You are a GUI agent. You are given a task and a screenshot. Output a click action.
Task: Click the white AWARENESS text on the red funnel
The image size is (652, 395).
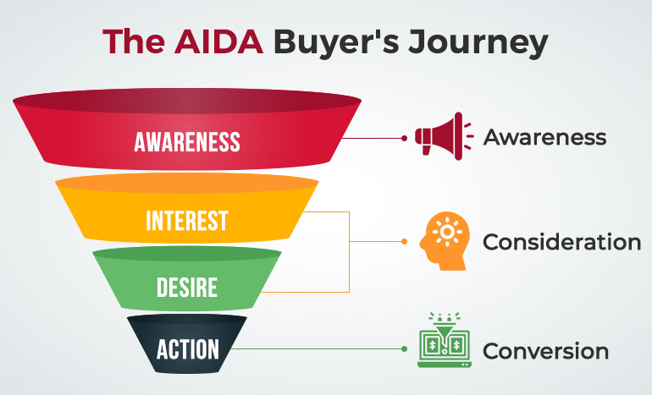[187, 141]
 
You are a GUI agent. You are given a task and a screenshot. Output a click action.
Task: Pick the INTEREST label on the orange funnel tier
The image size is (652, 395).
[187, 221]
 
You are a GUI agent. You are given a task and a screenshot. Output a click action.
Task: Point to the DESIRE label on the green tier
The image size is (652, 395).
[187, 288]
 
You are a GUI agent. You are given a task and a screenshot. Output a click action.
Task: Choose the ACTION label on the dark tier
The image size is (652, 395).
[187, 348]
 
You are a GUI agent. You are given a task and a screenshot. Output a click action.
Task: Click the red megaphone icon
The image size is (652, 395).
[438, 136]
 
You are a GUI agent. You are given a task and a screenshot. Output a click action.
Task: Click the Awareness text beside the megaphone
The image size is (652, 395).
[544, 137]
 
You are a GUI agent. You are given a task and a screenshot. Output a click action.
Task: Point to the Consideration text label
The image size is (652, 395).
[561, 242]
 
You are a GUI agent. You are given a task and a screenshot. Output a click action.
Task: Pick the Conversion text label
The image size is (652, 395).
[545, 350]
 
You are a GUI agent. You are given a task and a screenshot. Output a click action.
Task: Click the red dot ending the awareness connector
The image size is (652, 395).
[405, 137]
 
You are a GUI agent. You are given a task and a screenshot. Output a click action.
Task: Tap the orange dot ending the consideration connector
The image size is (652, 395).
[405, 242]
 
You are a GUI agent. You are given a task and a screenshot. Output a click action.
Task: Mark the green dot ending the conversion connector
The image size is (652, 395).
[405, 348]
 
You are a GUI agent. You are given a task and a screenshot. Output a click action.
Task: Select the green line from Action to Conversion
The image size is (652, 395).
[322, 348]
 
